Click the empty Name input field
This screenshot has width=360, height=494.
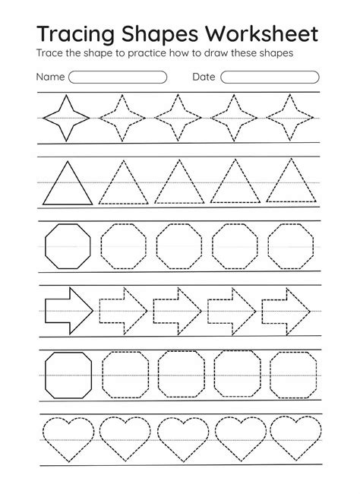118,77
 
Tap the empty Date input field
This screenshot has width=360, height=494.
270,77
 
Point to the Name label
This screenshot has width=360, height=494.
49,77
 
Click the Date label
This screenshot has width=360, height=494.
204,77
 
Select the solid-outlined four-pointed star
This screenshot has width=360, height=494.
67,118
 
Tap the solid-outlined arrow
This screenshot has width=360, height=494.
68,309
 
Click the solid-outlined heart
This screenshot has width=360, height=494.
67,437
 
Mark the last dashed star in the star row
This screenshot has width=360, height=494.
289,118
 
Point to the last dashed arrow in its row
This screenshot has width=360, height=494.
286,309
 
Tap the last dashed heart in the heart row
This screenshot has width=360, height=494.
289,437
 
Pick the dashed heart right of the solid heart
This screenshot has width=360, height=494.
122,437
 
